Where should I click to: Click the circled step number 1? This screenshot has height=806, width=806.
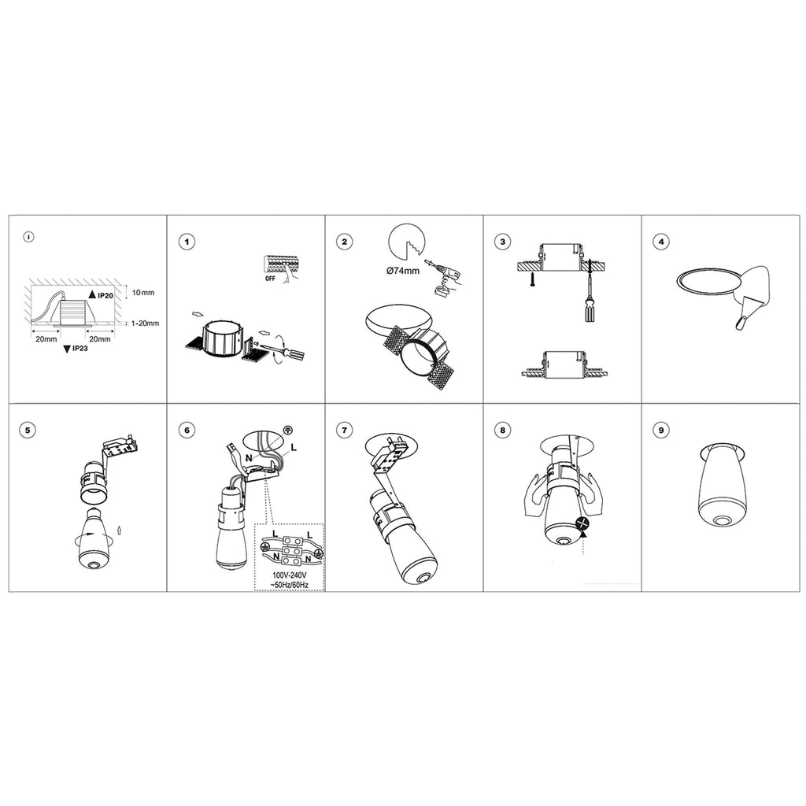pos(187,241)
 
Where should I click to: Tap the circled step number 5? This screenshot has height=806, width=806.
pos(28,430)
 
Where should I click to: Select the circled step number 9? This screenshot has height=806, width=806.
pos(661,430)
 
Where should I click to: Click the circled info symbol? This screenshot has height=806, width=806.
pos(29,237)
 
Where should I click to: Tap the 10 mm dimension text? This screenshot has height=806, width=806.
pos(143,293)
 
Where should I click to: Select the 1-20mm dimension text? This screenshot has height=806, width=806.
pos(145,324)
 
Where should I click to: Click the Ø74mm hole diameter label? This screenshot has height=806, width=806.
pos(403,271)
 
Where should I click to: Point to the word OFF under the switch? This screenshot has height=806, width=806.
pos(271,278)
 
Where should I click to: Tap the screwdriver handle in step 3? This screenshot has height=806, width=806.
pos(590,312)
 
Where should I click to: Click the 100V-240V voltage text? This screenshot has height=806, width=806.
pos(290,575)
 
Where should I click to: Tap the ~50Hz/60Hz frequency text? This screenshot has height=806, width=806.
pos(290,585)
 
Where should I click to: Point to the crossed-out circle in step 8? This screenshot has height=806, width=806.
pos(582,523)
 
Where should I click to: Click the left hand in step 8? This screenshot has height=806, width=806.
pos(534,494)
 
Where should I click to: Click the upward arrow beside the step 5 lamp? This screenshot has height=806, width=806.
pos(120,530)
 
